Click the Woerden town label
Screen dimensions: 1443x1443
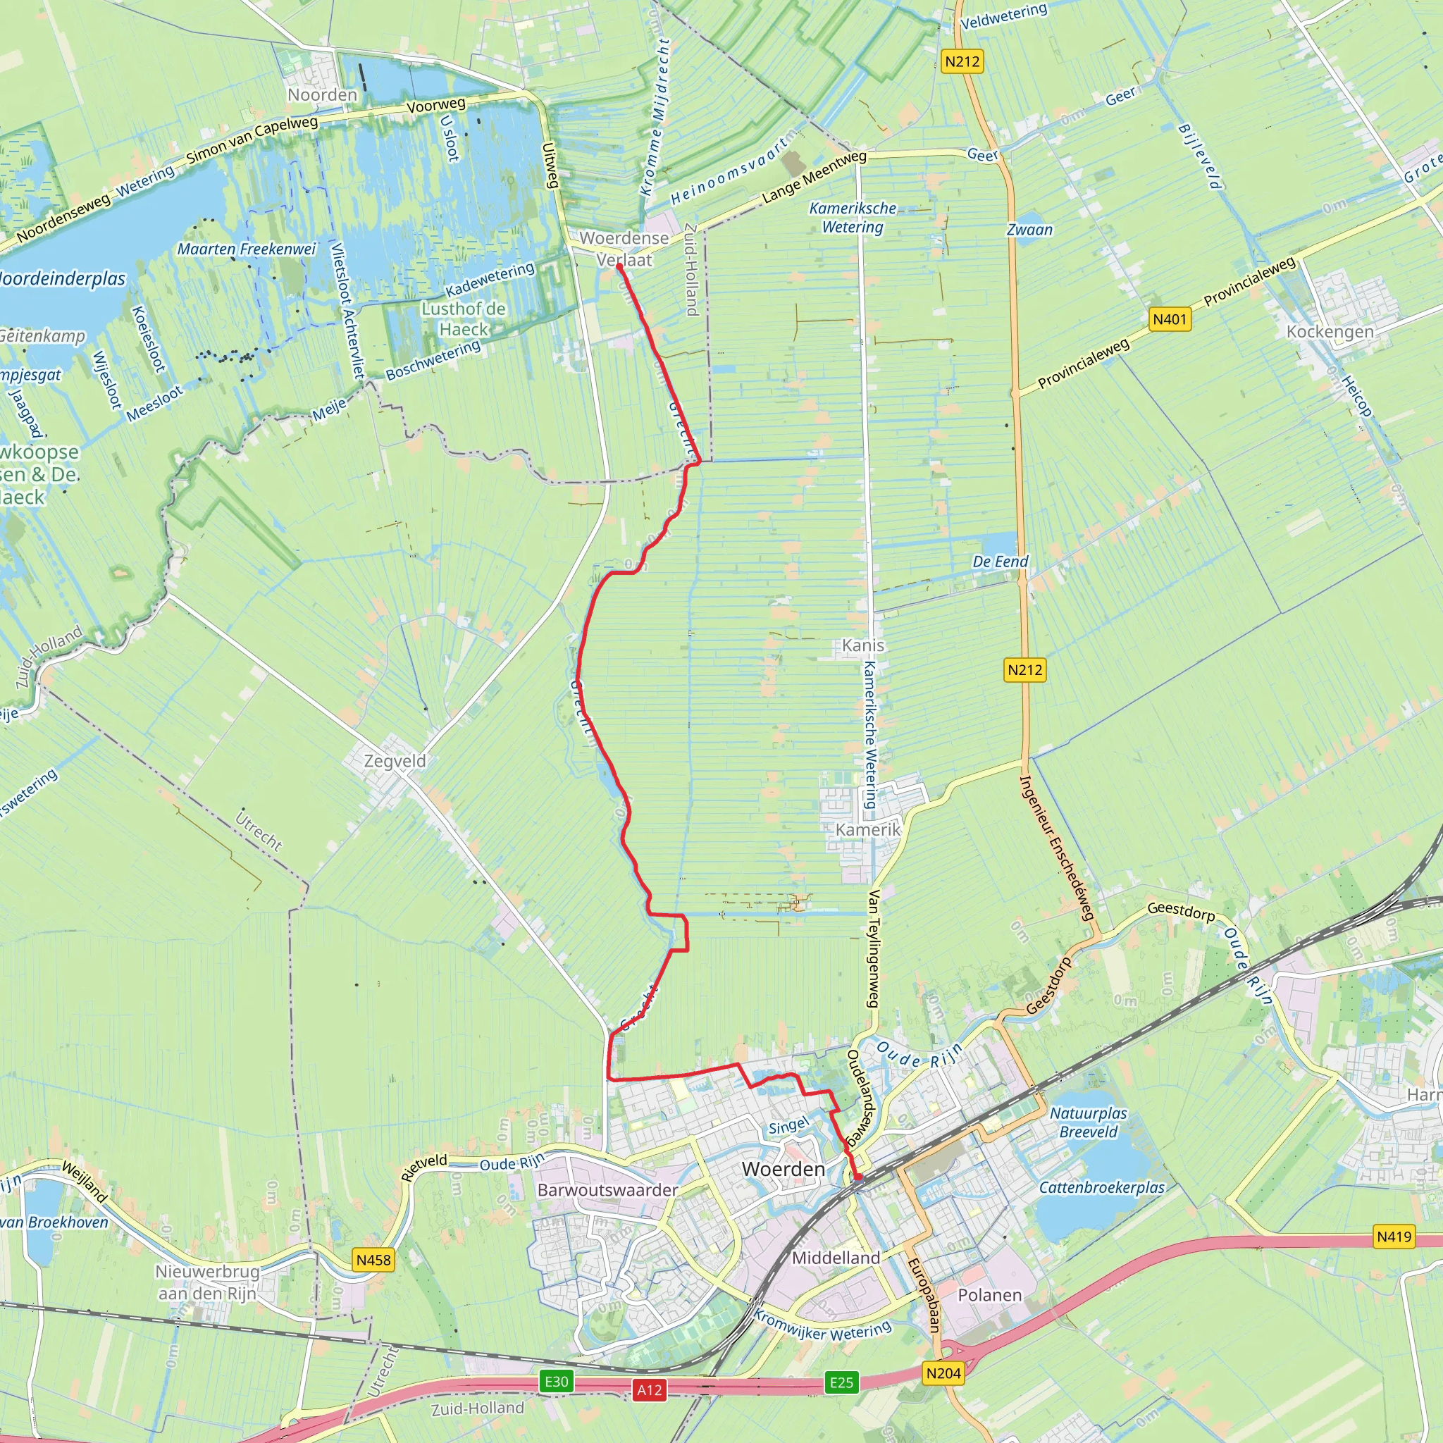(783, 1169)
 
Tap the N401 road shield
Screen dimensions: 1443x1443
(1170, 320)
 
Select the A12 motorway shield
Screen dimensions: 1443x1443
(649, 1390)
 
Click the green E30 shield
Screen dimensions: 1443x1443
(556, 1381)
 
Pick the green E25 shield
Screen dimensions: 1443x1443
(841, 1382)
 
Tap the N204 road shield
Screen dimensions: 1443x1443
(943, 1373)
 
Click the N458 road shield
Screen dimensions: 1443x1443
(373, 1260)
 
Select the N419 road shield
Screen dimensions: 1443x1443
(1394, 1236)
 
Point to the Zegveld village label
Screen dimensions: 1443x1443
(395, 761)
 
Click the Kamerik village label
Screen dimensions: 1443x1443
(868, 830)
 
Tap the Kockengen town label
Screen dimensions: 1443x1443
(1330, 332)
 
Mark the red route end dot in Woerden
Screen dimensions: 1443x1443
(858, 1178)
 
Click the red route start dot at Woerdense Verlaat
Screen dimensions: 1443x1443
(619, 266)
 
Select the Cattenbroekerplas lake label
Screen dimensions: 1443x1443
(1102, 1187)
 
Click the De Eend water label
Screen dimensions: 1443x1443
(1000, 562)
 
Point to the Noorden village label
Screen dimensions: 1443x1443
(323, 95)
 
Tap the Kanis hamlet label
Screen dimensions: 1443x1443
(862, 645)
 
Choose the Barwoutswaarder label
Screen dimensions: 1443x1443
(607, 1190)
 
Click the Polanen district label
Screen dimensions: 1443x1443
(990, 1295)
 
